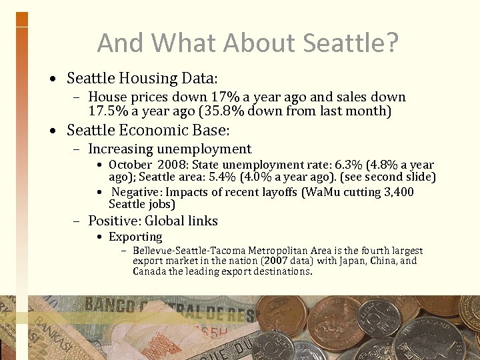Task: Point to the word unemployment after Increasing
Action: (x=205, y=149)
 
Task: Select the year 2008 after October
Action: (x=168, y=165)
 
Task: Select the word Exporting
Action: (x=135, y=237)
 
